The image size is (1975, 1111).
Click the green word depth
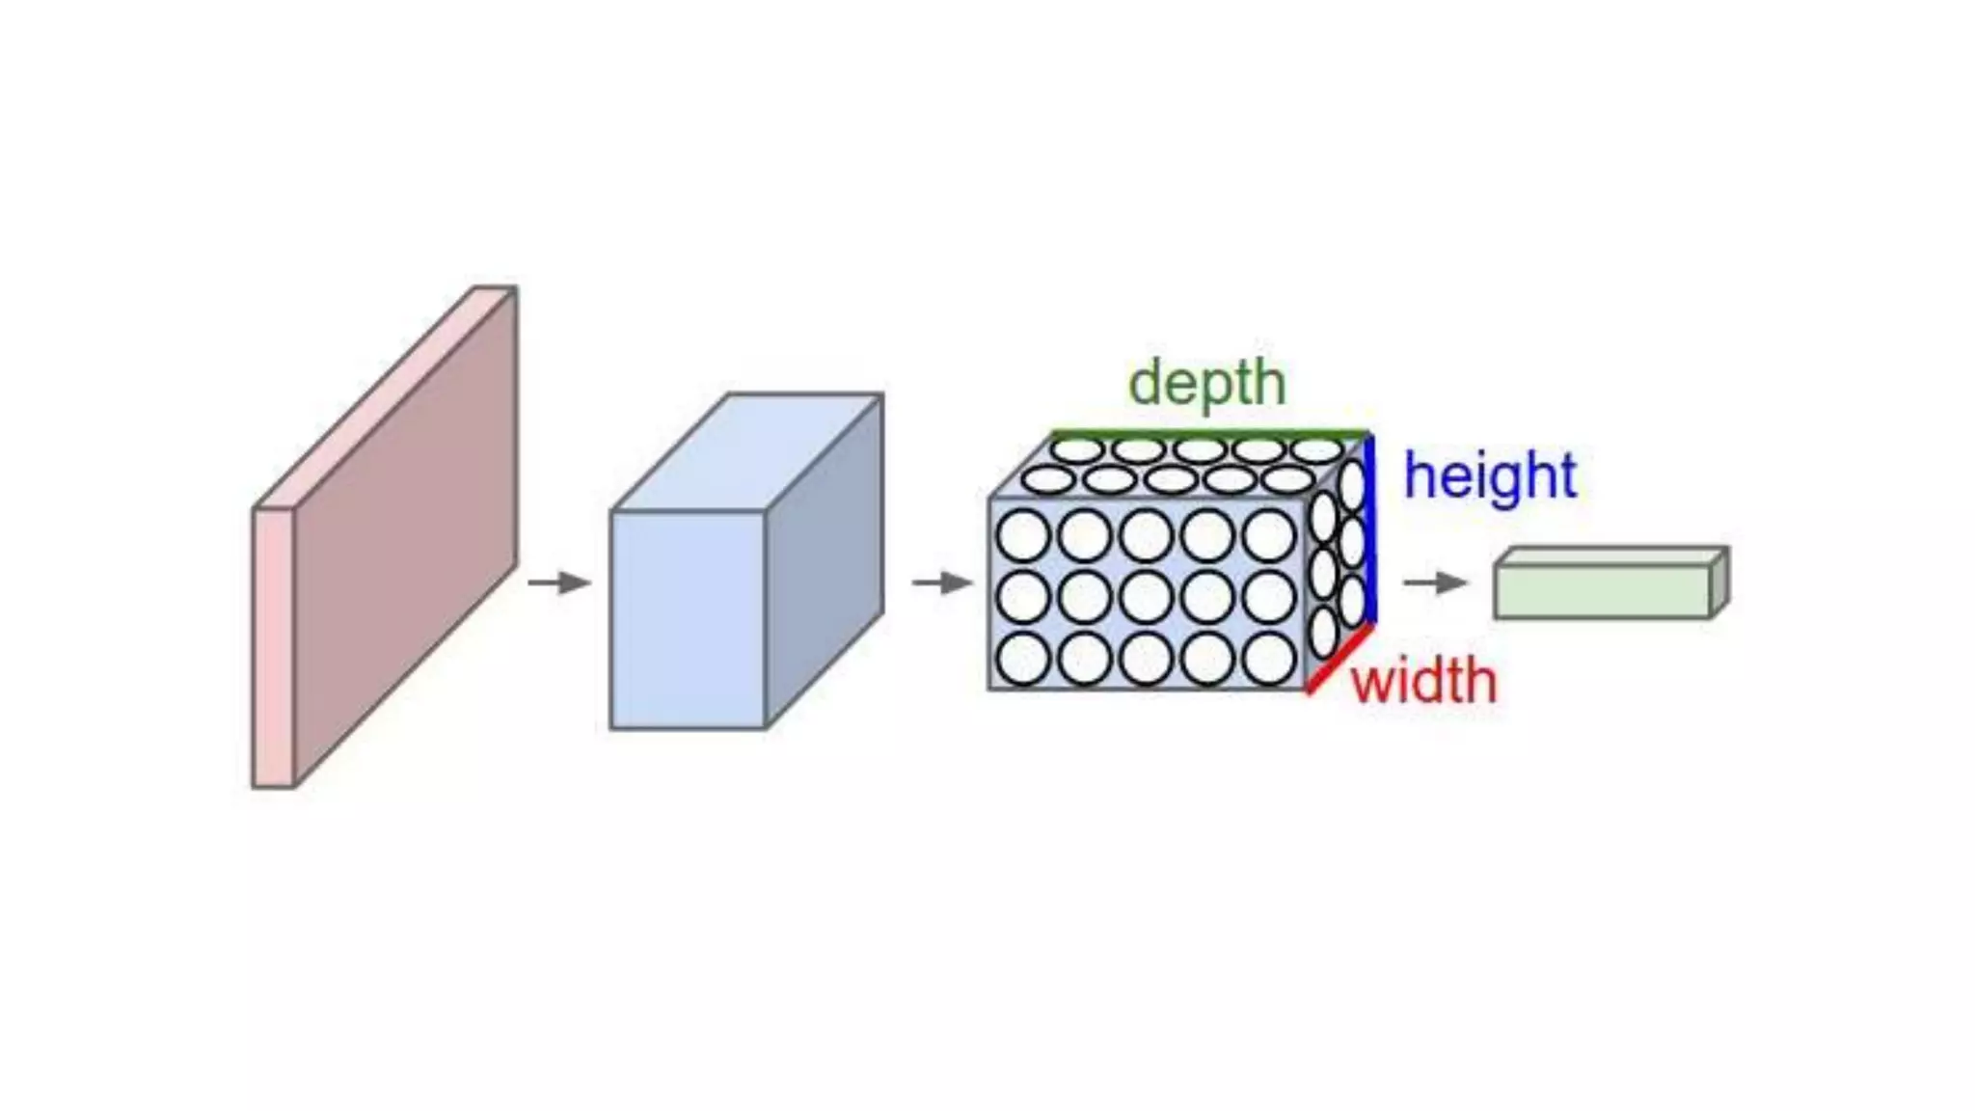(x=1207, y=384)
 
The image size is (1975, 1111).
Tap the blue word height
(x=1490, y=476)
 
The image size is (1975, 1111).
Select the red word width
(x=1423, y=682)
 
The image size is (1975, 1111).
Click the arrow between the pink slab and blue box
(x=559, y=583)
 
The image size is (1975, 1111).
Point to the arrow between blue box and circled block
(x=943, y=583)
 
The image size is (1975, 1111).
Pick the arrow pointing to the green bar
(x=1435, y=583)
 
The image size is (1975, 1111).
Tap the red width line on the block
(x=1339, y=659)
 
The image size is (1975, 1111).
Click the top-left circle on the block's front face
(x=1023, y=535)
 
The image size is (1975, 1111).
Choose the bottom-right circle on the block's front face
(x=1269, y=659)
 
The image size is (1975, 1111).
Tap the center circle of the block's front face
(x=1147, y=597)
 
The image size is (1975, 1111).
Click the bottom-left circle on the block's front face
(x=1023, y=659)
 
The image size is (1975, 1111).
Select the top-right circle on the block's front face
(x=1269, y=535)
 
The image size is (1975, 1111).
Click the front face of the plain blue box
(x=688, y=619)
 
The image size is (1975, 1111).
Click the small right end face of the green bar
(x=1718, y=582)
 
